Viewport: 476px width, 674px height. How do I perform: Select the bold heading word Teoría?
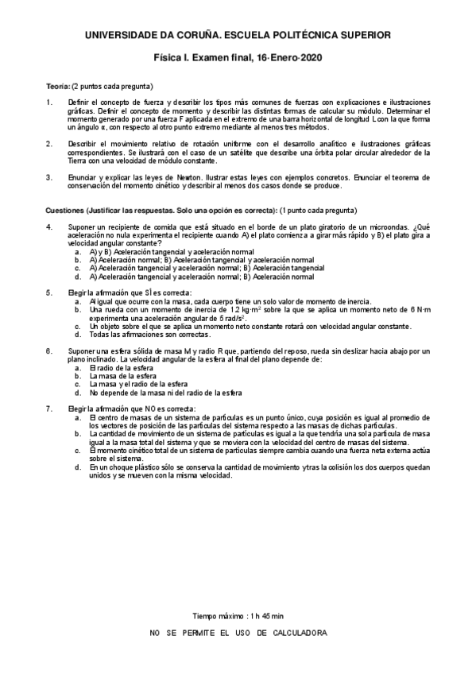pos(58,86)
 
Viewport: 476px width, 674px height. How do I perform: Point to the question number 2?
pos(49,144)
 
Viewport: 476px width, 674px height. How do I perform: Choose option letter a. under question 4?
pos(77,251)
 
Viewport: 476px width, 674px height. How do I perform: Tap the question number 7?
pos(49,409)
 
